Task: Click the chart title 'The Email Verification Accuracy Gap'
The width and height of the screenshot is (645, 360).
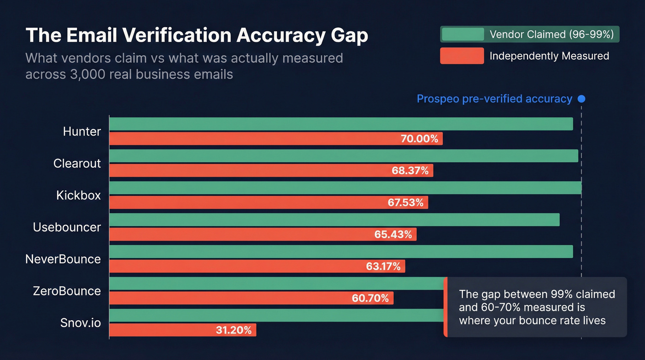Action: click(197, 35)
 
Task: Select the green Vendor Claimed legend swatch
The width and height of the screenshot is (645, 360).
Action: click(462, 35)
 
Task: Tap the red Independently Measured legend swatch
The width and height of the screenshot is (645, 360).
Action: click(462, 56)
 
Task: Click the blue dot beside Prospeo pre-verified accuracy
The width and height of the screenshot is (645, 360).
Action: click(581, 99)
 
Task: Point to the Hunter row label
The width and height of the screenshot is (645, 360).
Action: click(82, 131)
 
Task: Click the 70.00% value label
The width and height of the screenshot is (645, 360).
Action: click(419, 139)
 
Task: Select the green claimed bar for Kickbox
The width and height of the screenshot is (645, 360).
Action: click(345, 188)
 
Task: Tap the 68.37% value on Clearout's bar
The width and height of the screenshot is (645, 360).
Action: click(410, 171)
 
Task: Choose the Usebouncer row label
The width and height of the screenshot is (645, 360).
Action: click(67, 227)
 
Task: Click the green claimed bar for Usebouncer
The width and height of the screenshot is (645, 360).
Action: click(334, 220)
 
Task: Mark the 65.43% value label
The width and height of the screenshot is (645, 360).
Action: click(393, 234)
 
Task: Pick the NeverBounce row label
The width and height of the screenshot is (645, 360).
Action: click(63, 259)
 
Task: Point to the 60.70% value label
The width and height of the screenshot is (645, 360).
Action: click(370, 298)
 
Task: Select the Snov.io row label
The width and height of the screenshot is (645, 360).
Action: click(81, 323)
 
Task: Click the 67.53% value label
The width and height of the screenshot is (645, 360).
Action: click(405, 202)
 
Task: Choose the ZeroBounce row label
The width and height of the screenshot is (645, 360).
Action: click(67, 291)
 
